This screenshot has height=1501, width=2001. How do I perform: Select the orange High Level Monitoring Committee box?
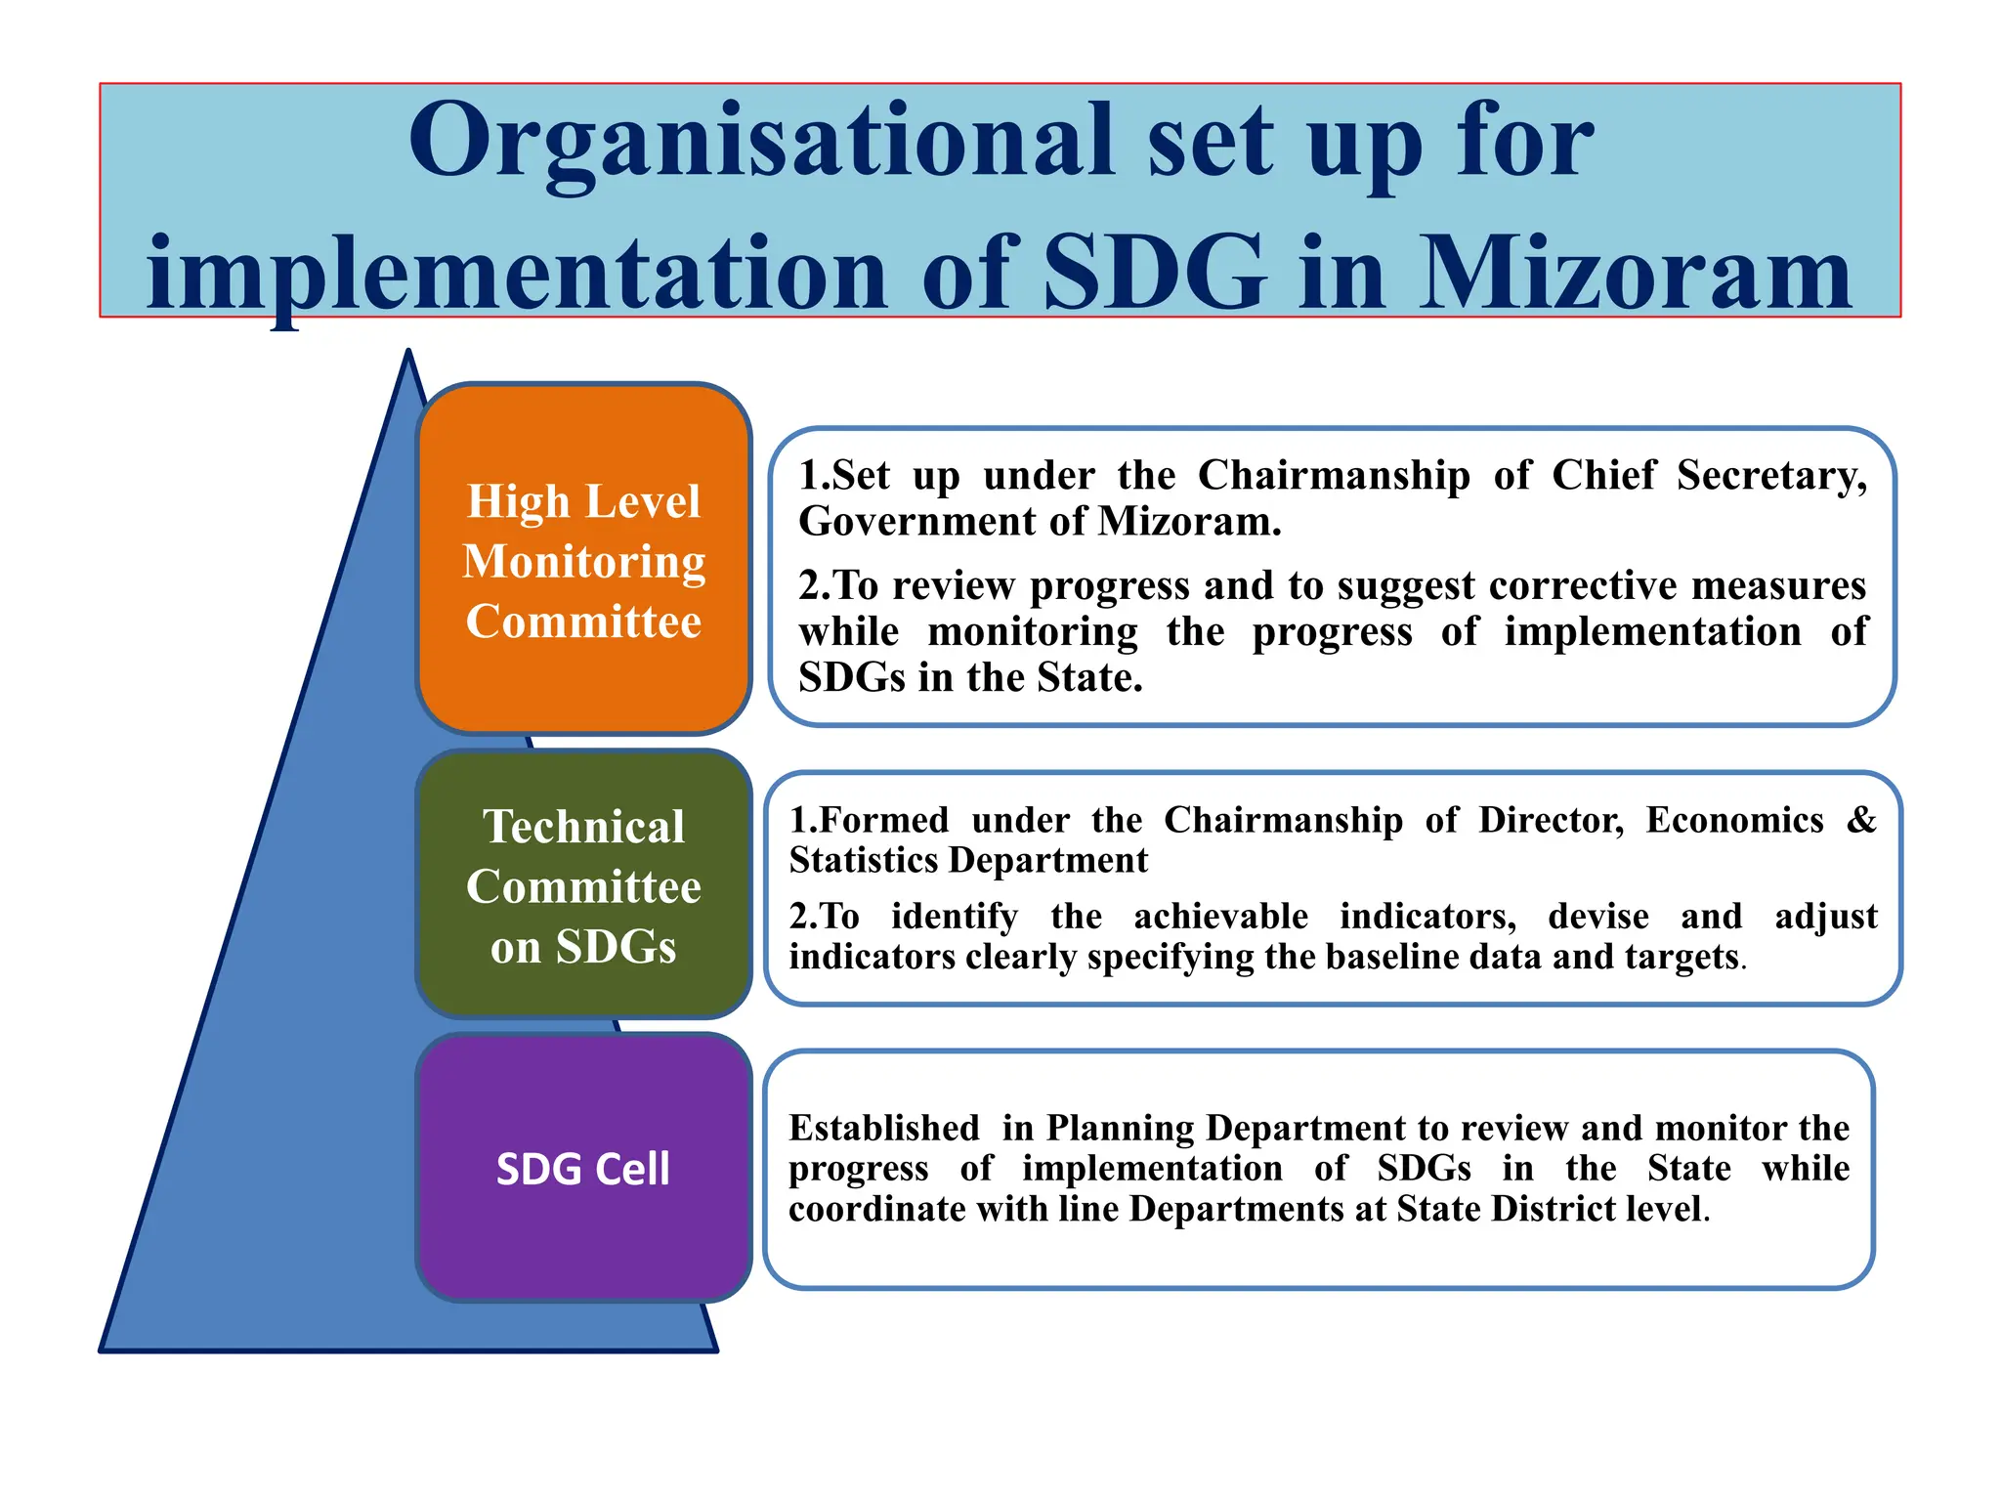click(583, 559)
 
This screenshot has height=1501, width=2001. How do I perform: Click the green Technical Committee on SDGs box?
click(583, 885)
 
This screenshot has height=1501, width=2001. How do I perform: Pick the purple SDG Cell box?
click(583, 1168)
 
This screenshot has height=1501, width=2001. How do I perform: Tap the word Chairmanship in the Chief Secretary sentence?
click(1334, 476)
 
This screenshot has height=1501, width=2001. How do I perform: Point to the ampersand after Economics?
click(1861, 820)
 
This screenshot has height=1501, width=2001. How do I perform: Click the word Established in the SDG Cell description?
click(884, 1129)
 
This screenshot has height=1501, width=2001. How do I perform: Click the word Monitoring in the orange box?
click(583, 562)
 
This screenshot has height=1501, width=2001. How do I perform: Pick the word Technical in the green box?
click(583, 827)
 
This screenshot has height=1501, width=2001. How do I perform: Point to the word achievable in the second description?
click(1220, 917)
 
